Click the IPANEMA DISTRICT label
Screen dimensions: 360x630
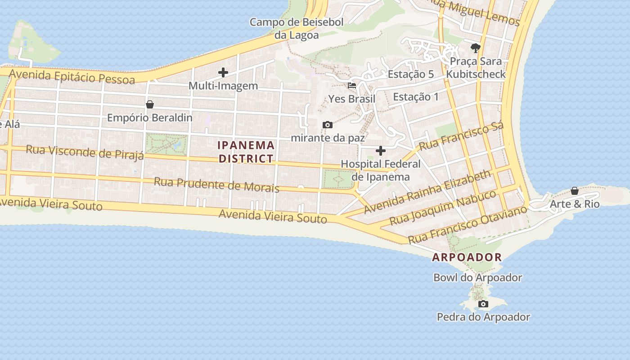click(246, 152)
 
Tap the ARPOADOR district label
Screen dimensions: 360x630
click(467, 257)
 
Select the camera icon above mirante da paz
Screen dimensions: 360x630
click(328, 125)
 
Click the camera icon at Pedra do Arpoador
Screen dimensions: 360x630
click(483, 304)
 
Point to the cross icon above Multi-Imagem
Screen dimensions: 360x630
click(223, 72)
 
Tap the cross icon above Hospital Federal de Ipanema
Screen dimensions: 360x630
click(381, 150)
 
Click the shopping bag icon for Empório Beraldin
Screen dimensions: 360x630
click(150, 104)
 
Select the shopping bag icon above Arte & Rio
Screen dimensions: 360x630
click(575, 191)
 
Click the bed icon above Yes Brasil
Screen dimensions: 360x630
click(352, 85)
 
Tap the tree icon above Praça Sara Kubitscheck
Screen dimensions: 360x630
click(476, 48)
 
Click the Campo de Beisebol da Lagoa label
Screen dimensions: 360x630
click(297, 28)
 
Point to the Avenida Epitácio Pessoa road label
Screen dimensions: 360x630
click(72, 76)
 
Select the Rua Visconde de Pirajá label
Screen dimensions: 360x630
click(85, 152)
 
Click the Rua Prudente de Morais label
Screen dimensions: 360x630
click(216, 184)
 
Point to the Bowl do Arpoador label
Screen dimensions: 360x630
click(477, 278)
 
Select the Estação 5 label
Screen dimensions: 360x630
click(410, 74)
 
